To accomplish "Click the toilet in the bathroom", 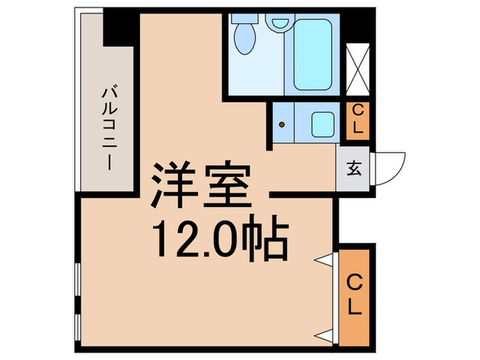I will (243, 36).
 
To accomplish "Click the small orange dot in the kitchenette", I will (282, 125).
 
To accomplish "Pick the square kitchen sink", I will (322, 124).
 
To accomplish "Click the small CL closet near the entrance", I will (357, 119).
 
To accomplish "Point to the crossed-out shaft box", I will (358, 69).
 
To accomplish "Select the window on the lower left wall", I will (78, 302).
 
